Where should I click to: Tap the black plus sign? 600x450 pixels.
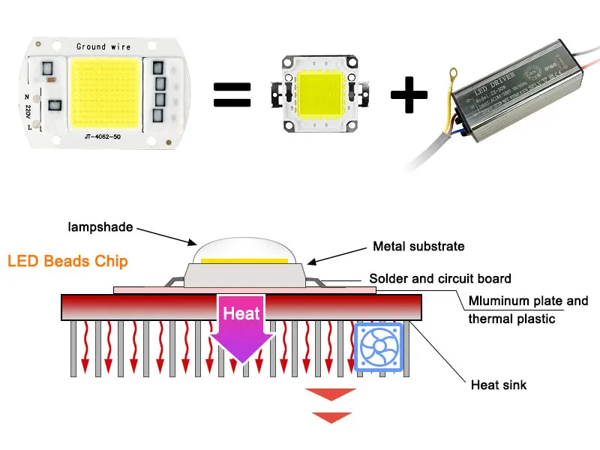point(409,94)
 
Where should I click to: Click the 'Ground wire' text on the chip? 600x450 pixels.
point(103,46)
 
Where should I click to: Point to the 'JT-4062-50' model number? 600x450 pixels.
point(104,137)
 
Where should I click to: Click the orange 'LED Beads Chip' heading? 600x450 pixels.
point(67,262)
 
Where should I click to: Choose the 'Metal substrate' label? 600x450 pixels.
point(418,246)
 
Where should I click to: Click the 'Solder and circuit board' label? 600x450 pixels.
point(441,278)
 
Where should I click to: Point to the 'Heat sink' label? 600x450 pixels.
point(499,385)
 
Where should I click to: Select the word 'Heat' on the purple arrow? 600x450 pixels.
point(241,313)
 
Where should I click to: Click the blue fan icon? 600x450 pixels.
point(379,347)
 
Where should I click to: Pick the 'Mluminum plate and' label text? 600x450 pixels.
point(528,301)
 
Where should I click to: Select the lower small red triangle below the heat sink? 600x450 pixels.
point(331,417)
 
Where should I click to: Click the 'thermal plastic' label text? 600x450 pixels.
point(511,318)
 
